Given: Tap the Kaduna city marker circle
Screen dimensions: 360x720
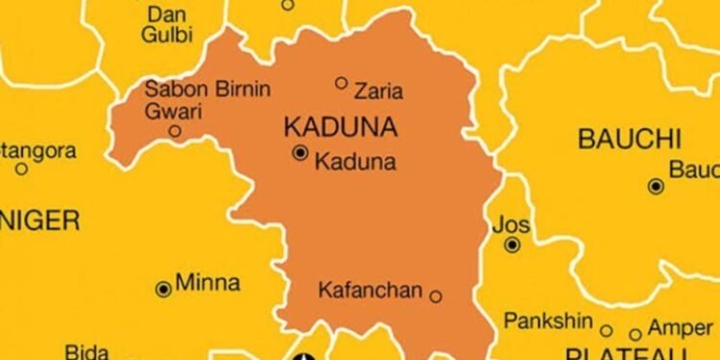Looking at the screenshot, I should tap(300, 153).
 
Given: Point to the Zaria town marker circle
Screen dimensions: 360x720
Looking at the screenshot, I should tap(341, 83).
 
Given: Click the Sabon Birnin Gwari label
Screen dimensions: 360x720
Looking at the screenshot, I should tap(207, 99).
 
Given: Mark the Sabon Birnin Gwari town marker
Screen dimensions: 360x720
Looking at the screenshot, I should tap(175, 131).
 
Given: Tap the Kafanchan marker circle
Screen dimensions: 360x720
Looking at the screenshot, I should tap(436, 297).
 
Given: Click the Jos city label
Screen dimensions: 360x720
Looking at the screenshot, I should tap(510, 226).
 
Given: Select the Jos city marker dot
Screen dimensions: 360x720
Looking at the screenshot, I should tap(513, 246).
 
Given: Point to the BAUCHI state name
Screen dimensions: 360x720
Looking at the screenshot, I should tap(629, 138).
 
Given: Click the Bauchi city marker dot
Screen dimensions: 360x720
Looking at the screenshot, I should tap(656, 186).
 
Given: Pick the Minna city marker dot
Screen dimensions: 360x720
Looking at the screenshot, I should tap(163, 288).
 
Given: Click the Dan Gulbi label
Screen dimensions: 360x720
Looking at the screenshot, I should tap(167, 25).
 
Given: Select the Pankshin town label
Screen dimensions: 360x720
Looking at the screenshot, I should tap(544, 320).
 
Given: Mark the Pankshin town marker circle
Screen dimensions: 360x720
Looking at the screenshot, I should tap(607, 331).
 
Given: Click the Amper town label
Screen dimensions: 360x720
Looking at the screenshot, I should tap(681, 327).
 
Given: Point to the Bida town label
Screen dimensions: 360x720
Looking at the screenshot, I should tap(86, 351).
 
